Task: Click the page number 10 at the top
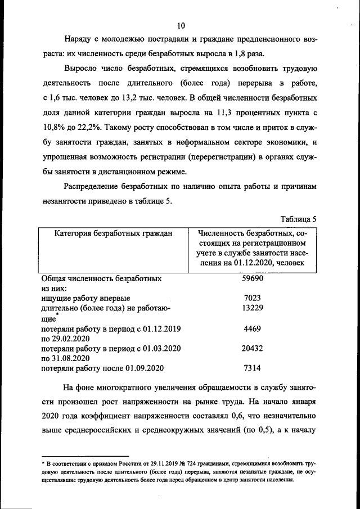pos(181,25)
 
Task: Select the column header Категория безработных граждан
pos(113,233)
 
